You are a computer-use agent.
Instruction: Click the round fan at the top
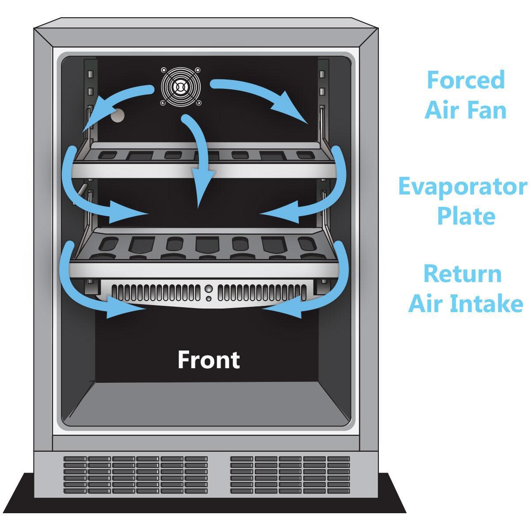[180, 87]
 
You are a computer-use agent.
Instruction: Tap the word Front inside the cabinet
[209, 360]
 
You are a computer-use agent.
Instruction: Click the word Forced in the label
[466, 80]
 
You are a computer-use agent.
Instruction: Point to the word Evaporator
[463, 187]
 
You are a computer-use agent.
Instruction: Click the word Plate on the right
[466, 216]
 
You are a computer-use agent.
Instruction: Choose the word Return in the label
[462, 274]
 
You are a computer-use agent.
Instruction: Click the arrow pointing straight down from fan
[199, 159]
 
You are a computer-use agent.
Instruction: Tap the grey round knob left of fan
[118, 115]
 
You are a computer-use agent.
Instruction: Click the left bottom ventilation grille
[136, 475]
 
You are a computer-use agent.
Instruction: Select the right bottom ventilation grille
[290, 475]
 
